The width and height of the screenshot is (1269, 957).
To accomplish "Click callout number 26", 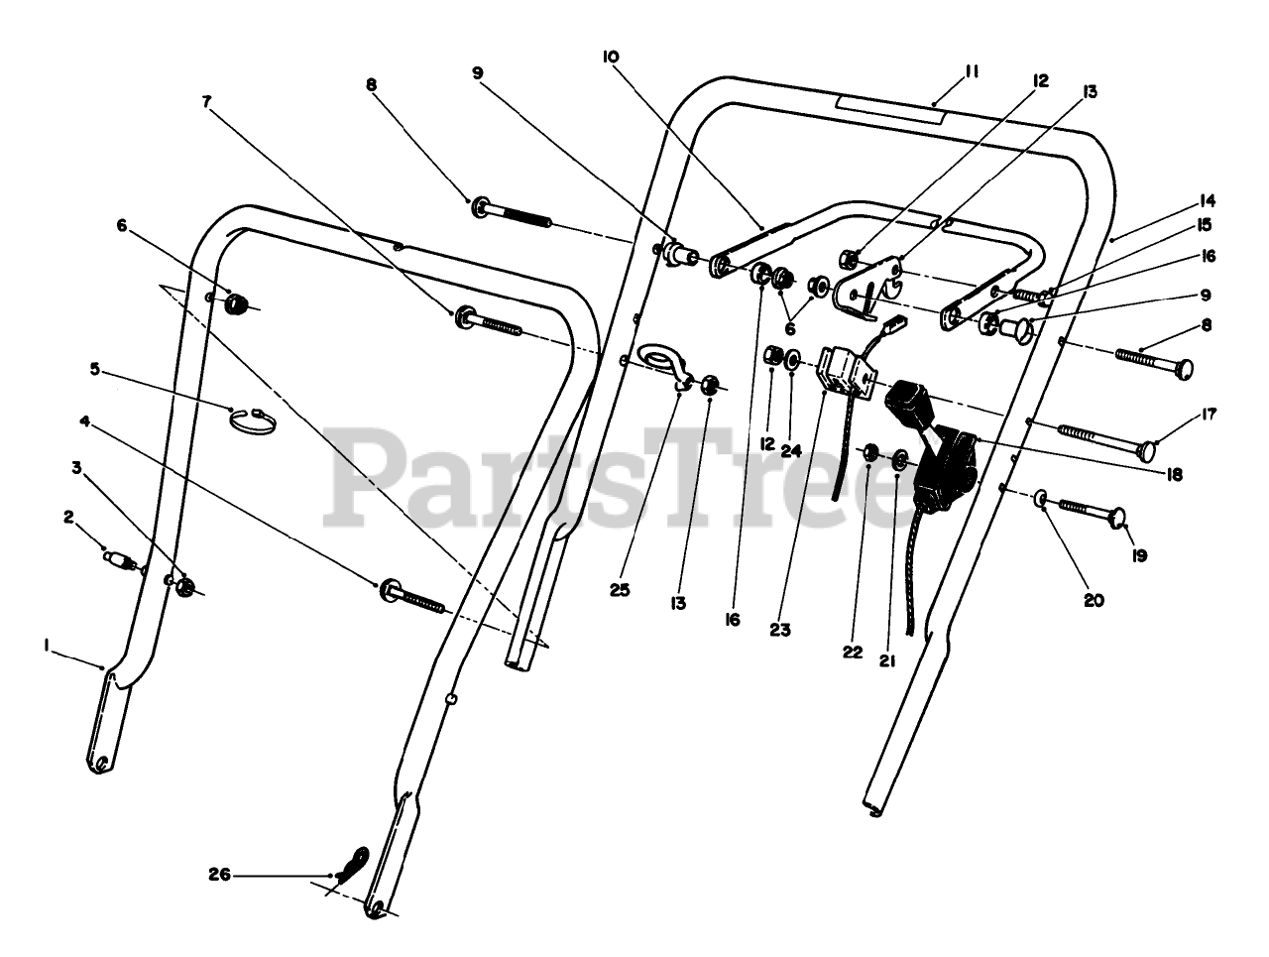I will click(220, 874).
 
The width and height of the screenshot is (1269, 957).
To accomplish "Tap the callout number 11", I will click(971, 71).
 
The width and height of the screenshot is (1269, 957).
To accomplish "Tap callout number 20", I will click(1094, 599).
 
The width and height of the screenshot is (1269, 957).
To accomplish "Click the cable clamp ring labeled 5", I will click(253, 419).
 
